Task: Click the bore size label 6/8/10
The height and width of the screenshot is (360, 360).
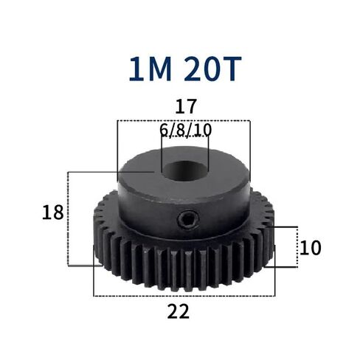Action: (x=185, y=131)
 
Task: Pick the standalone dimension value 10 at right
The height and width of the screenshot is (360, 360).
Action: (x=311, y=248)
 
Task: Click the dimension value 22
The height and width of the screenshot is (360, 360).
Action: (x=179, y=311)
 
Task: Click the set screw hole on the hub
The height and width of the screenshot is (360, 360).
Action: (x=189, y=219)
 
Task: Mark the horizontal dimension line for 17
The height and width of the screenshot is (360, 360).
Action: (x=184, y=120)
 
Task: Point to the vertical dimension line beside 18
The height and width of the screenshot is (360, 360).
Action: (x=68, y=218)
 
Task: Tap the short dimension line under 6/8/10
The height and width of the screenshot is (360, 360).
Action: (x=185, y=143)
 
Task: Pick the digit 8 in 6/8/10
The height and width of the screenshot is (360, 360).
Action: (x=179, y=131)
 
